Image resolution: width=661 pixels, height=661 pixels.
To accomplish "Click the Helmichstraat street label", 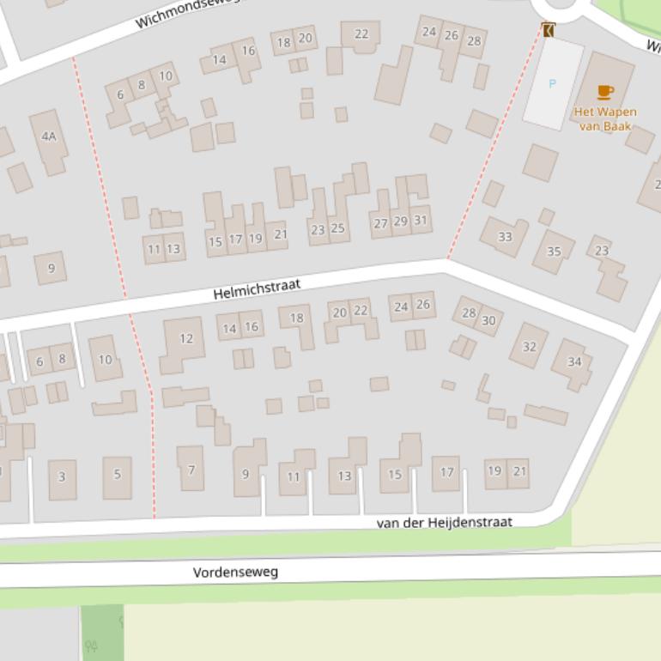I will pos(257,288).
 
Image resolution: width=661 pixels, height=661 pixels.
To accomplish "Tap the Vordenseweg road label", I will pos(235,572).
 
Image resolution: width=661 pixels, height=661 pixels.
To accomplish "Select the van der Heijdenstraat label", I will pos(444,522).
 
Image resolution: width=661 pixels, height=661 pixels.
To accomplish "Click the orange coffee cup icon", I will pos(605,92).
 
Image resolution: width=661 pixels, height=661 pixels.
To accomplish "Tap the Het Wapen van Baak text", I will pos(605,119).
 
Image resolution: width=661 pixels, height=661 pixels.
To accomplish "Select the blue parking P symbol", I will pos(552,84).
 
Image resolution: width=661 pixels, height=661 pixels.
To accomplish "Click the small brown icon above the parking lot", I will pos(549,30).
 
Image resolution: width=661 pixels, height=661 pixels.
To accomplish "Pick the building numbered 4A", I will pos(49,136).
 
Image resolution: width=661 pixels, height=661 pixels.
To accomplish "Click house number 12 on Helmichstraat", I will pos(185,339).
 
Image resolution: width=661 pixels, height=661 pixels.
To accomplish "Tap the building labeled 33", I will pos(505,237).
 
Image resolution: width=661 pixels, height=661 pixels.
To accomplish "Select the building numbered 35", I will pos(554,252).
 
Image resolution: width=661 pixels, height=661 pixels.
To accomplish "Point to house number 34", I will pos(573,361).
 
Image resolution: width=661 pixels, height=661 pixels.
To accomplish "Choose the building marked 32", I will pos(529,347).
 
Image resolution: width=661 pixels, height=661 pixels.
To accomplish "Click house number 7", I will pos(191,470).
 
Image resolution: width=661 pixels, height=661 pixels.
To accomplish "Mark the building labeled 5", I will pos(118,474).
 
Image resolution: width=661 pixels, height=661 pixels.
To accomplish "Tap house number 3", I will pos(62,476).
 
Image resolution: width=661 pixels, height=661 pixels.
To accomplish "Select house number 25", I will pos(337,228).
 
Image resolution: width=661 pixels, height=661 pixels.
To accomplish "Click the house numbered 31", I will pos(421,220).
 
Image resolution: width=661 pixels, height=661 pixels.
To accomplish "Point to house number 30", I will pos(488,320).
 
